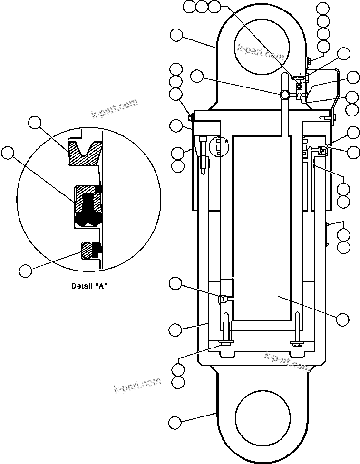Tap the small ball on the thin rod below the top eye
(284, 95)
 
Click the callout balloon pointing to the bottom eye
(175, 422)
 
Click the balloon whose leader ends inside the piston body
(342, 319)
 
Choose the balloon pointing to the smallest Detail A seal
(26, 271)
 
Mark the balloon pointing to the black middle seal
(8, 153)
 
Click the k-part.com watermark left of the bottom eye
(137, 385)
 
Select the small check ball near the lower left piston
(222, 299)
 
